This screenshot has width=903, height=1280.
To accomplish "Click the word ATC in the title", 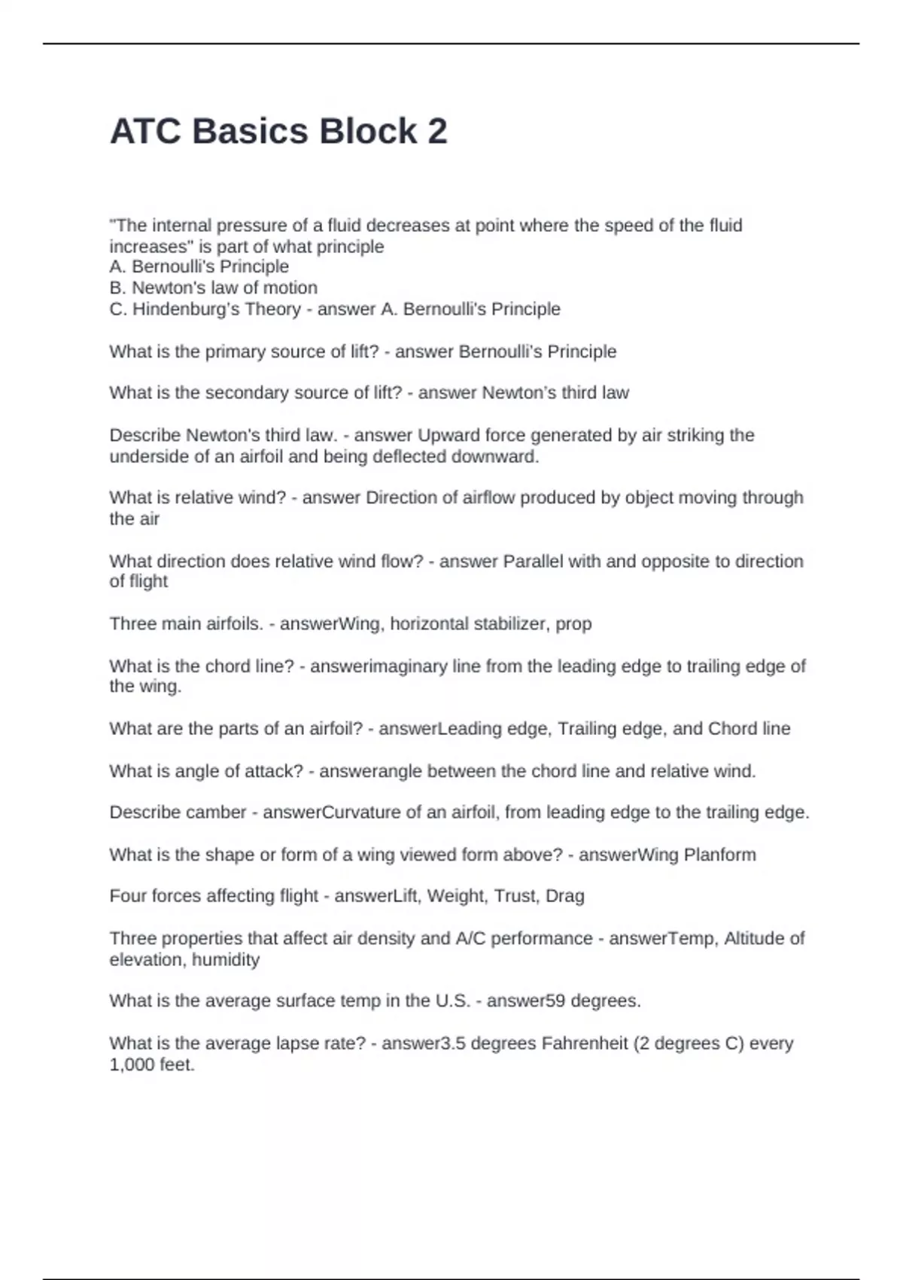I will [146, 131].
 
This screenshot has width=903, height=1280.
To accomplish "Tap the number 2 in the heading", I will [437, 131].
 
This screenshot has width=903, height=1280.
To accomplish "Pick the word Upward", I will [448, 435].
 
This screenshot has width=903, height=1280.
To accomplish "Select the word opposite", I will [680, 561].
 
